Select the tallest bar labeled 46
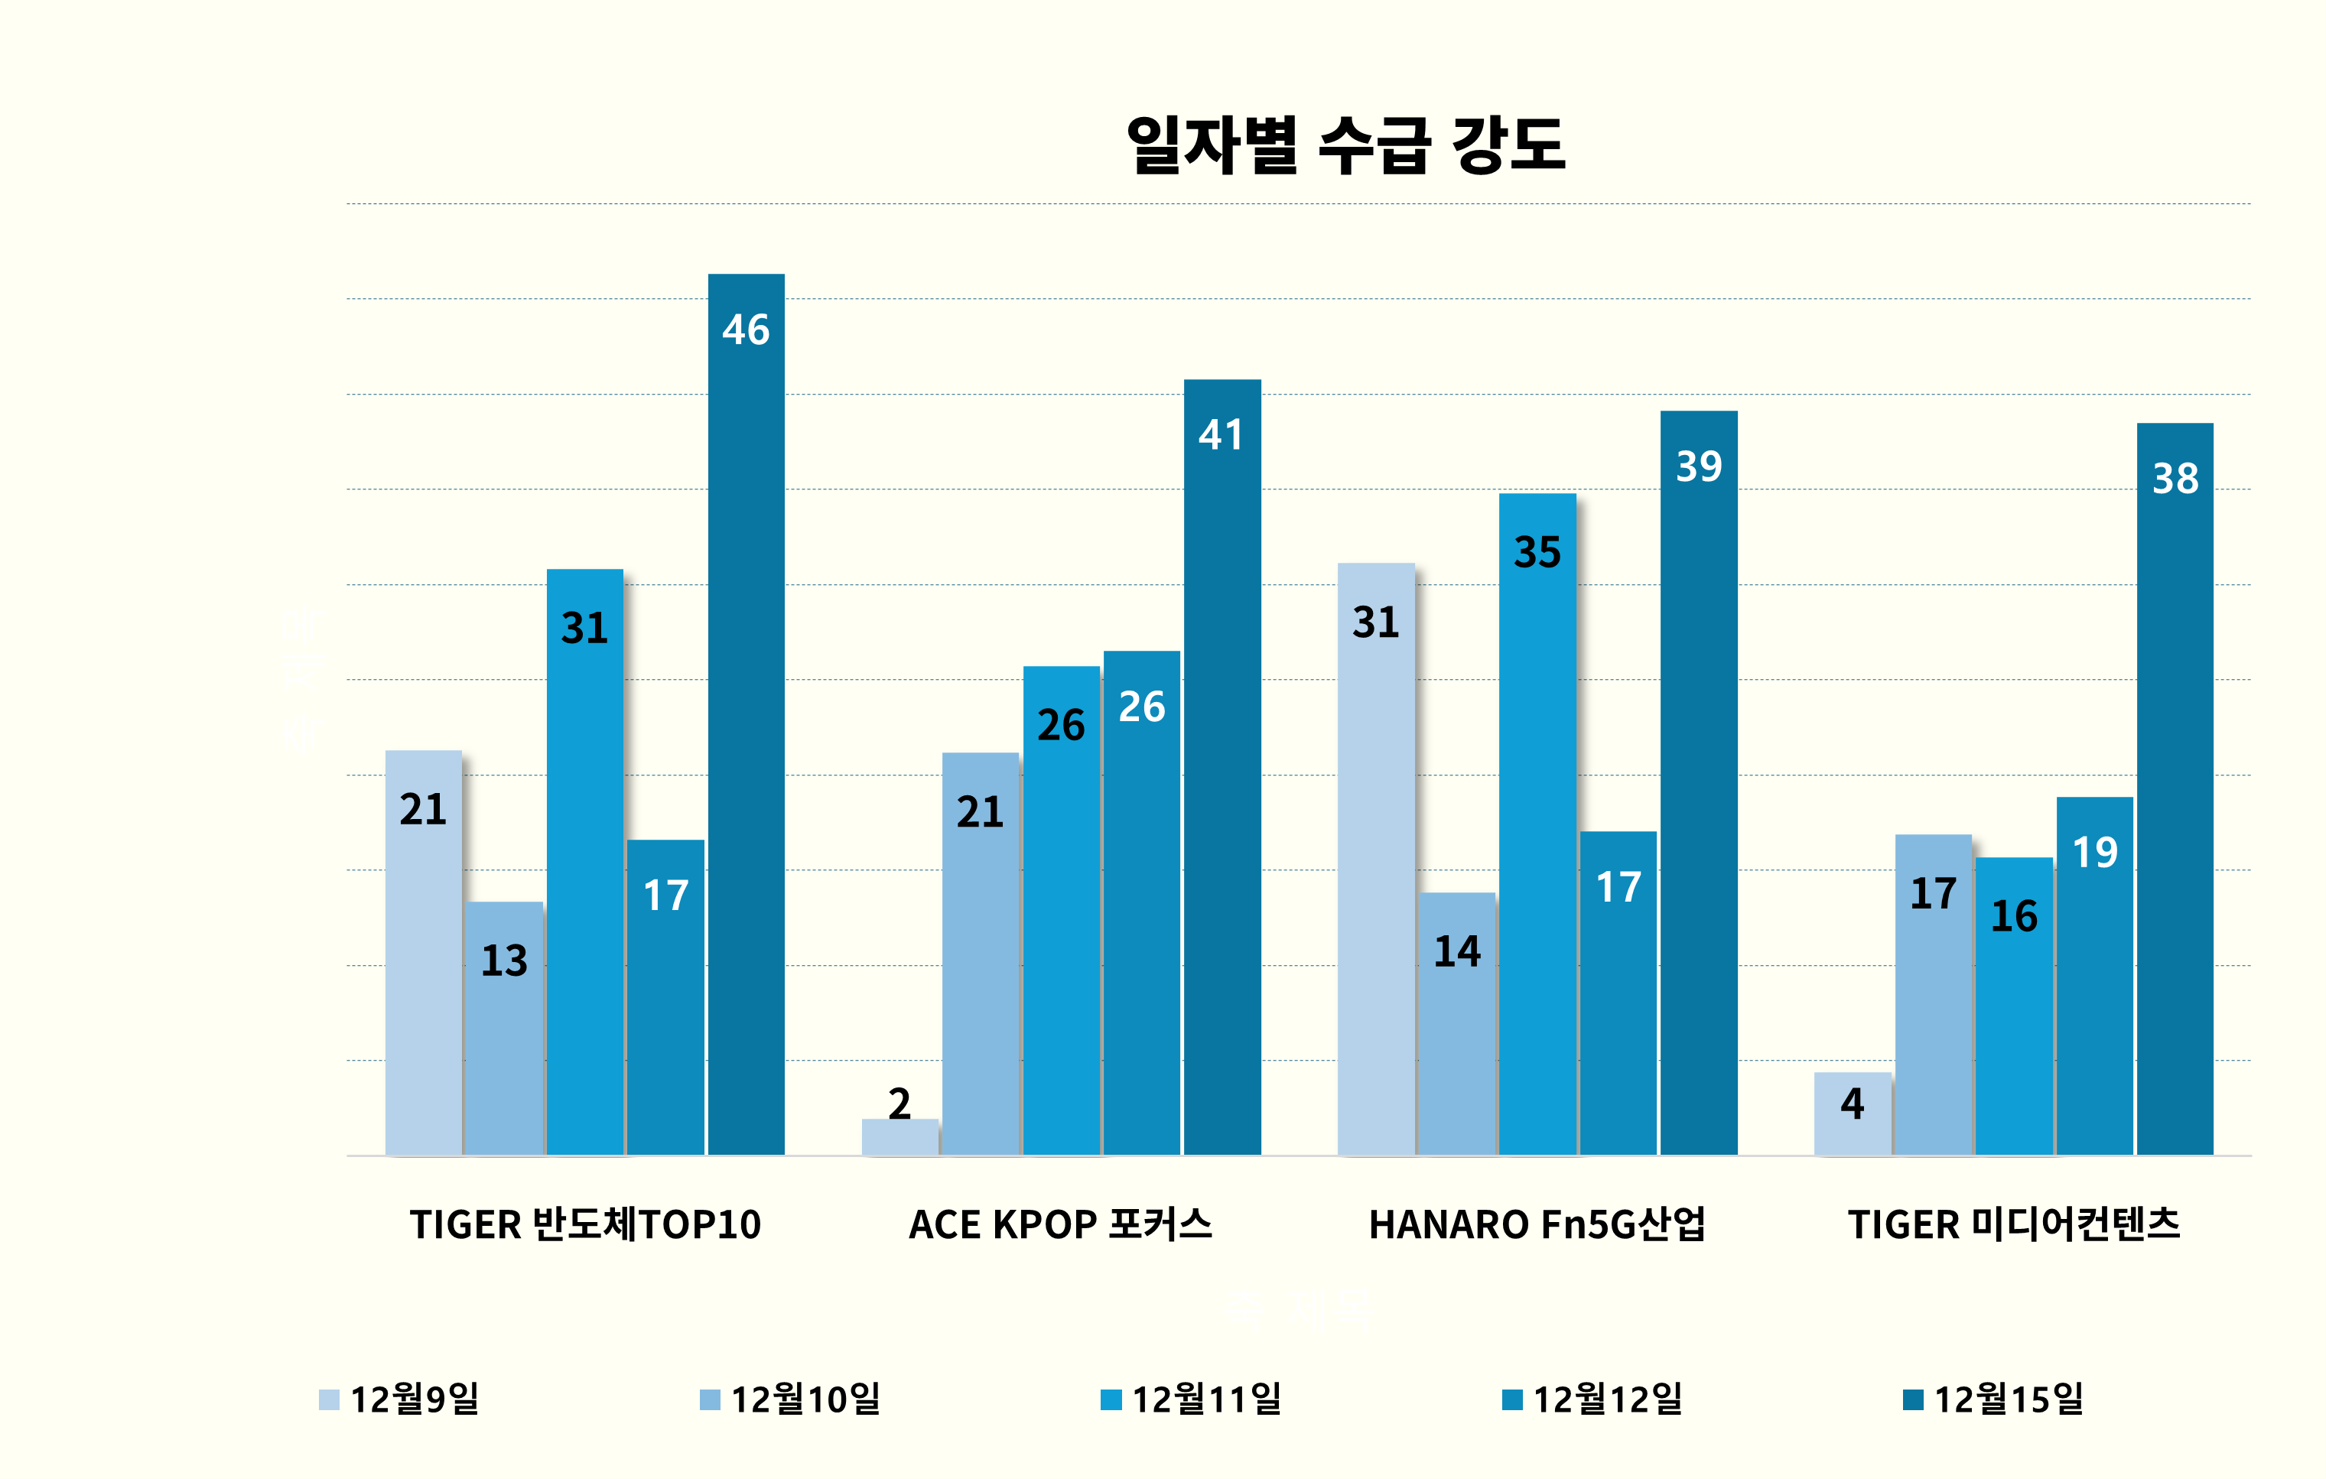[746, 714]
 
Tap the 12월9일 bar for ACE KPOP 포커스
[899, 1136]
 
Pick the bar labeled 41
[1222, 767]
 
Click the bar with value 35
[1537, 824]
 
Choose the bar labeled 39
[1698, 782]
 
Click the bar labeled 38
[2175, 788]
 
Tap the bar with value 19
[2094, 976]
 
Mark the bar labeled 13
[504, 1028]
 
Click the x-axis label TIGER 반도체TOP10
[585, 1224]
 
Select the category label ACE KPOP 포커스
[1061, 1224]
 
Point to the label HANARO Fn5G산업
[1537, 1224]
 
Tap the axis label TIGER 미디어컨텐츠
[2014, 1224]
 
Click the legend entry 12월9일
[399, 1399]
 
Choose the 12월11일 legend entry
[1191, 1399]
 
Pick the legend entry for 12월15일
[1993, 1399]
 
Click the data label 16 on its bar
[2014, 916]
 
